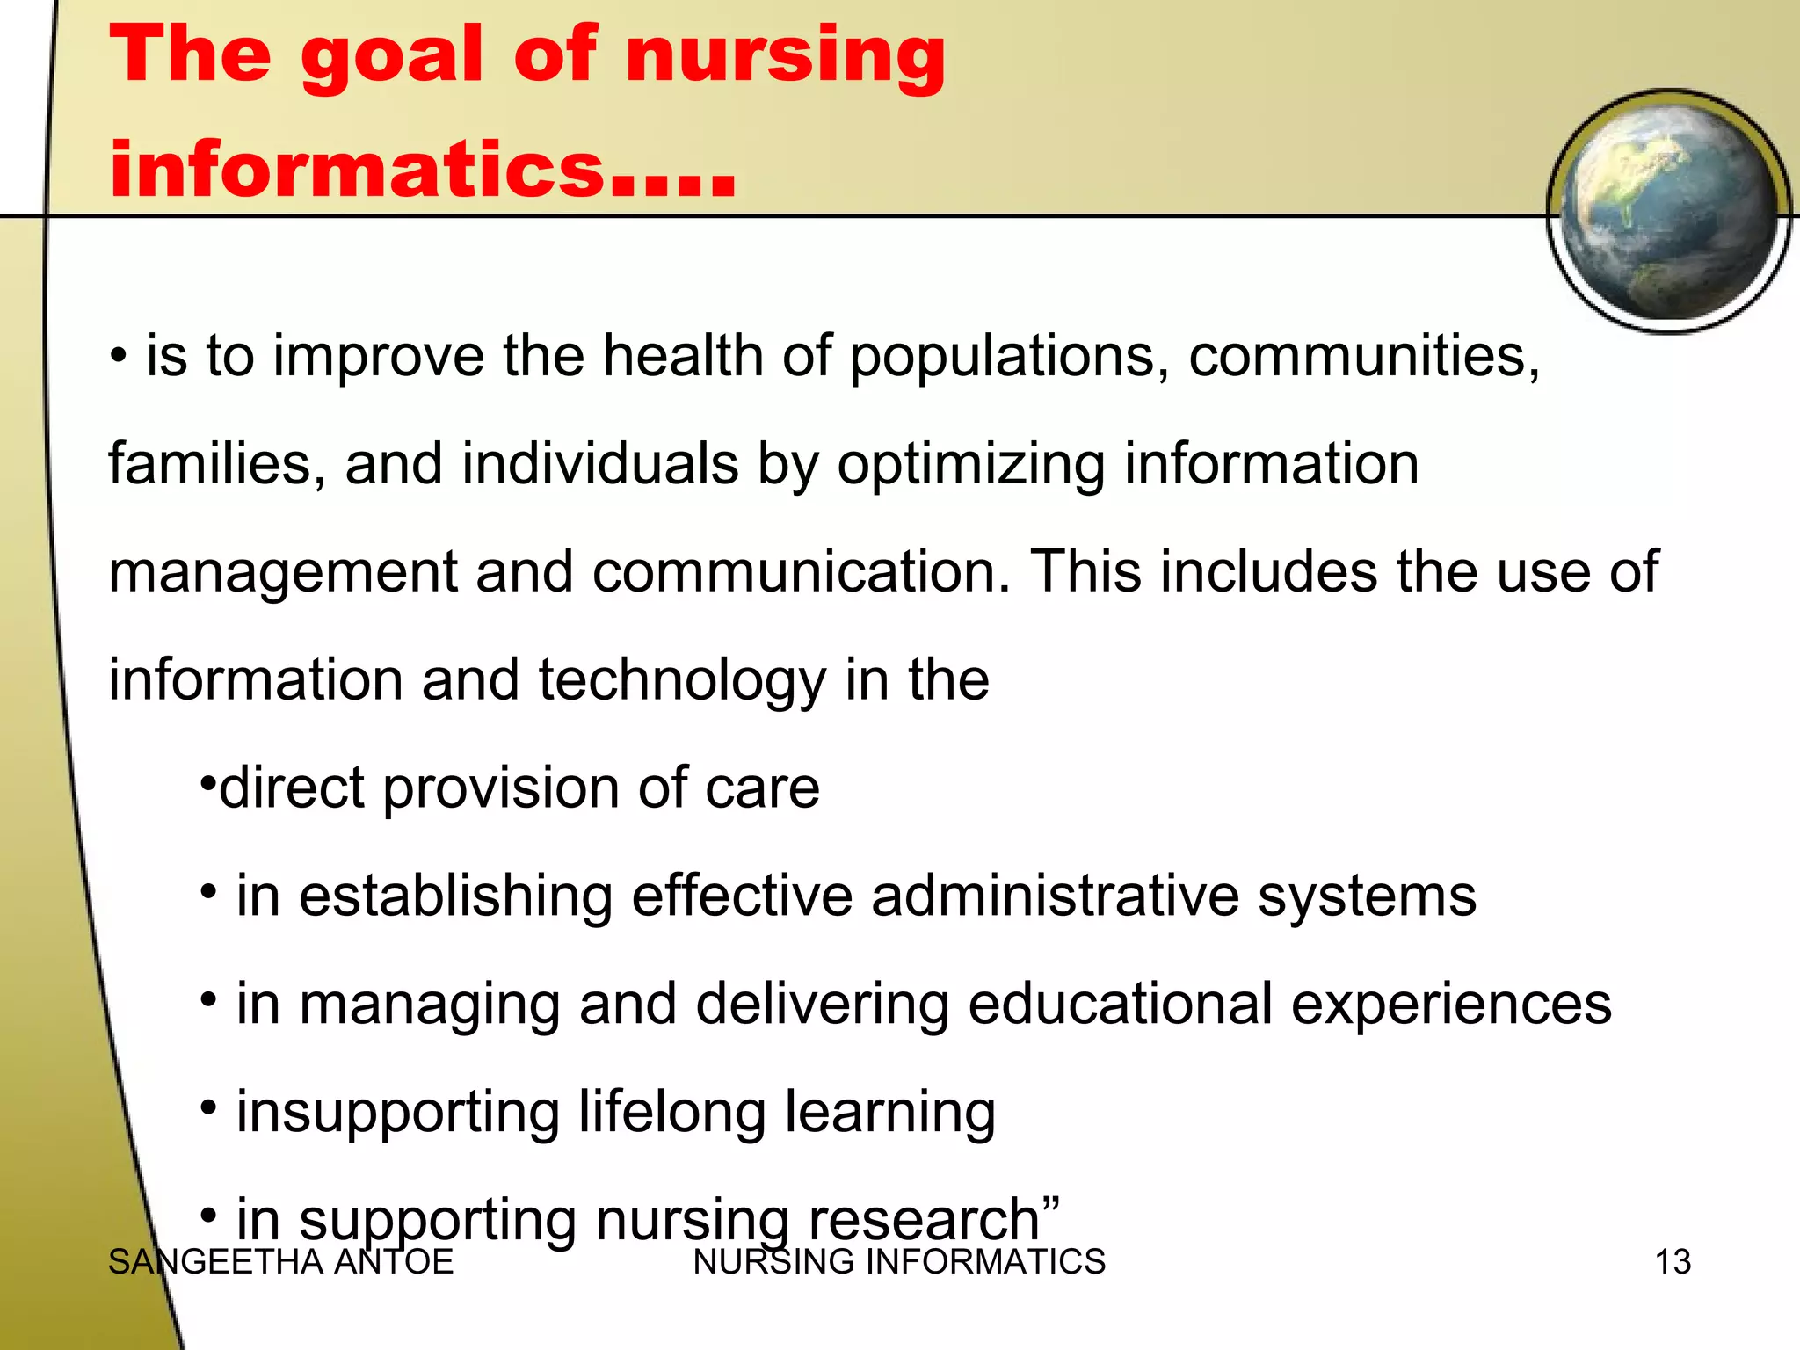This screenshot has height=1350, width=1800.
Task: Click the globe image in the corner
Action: coord(1668,211)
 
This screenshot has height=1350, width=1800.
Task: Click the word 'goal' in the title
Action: coord(392,58)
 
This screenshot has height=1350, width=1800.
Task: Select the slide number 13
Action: coord(1673,1262)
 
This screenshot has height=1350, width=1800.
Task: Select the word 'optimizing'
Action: coord(970,466)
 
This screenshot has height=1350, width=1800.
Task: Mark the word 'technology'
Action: coord(681,681)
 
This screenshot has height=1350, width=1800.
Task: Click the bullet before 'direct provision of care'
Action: coord(207,780)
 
